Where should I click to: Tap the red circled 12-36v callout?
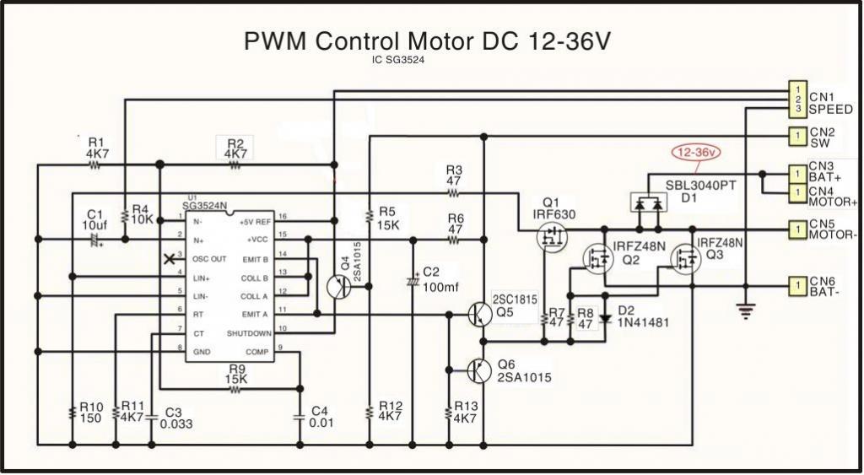tap(695, 153)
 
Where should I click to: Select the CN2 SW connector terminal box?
tap(796, 135)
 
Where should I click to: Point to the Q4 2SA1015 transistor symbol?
tap(340, 286)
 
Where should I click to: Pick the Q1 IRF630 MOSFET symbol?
tap(553, 239)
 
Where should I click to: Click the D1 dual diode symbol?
tap(647, 202)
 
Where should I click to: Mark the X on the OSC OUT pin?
tap(172, 258)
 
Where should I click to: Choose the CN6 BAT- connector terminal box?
tap(796, 285)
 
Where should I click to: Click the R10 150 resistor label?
tap(91, 412)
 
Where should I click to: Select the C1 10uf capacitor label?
tap(94, 220)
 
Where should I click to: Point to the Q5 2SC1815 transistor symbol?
tap(478, 314)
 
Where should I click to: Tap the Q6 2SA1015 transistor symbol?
tap(478, 369)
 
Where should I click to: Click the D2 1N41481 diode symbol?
tap(604, 319)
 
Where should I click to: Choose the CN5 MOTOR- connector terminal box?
tap(796, 228)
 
